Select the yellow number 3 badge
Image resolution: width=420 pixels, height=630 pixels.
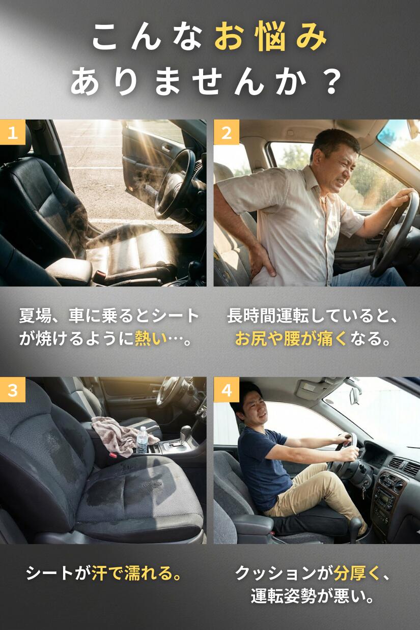click(13, 390)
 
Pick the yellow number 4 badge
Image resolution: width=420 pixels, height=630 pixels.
click(226, 390)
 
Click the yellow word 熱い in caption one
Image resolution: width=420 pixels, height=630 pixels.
click(151, 339)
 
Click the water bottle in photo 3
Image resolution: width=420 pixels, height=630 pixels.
click(142, 440)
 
